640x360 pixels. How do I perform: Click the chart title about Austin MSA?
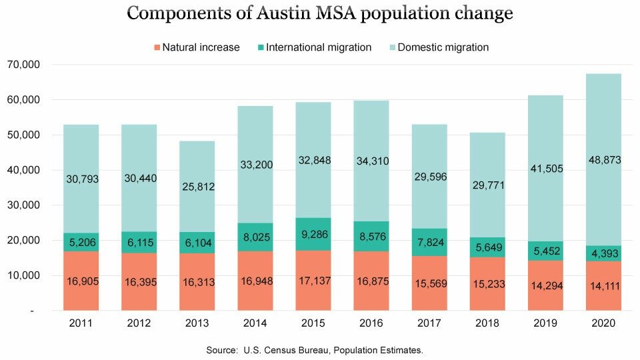point(320,14)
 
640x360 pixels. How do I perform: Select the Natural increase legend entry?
point(197,47)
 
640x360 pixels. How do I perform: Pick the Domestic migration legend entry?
point(437,47)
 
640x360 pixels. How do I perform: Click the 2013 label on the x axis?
point(197,323)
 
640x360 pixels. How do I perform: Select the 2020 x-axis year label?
point(603,323)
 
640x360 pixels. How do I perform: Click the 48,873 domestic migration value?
point(603,160)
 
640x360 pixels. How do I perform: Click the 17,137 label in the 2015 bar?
point(313,281)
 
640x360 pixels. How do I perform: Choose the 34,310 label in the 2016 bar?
point(371,160)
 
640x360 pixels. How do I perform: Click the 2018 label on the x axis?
point(487,323)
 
